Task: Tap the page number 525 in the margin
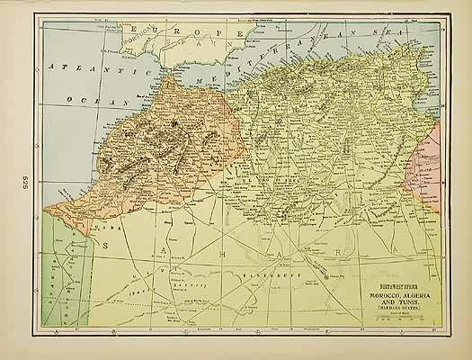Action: (16, 177)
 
